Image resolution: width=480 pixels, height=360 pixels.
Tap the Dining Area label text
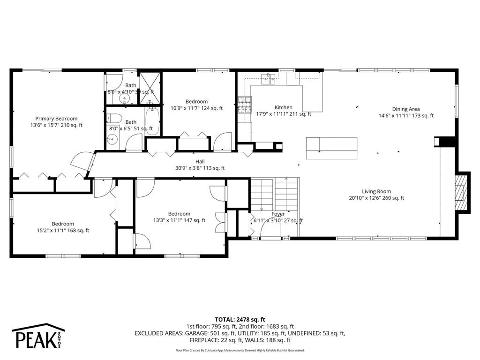click(x=406, y=109)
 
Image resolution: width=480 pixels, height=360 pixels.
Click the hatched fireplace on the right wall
click(x=463, y=192)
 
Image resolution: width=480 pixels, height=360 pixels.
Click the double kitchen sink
click(x=269, y=79)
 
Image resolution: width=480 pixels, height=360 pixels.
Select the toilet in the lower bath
click(x=115, y=118)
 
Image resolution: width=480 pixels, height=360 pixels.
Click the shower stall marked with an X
click(x=148, y=85)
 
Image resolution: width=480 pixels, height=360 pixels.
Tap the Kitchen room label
click(x=283, y=107)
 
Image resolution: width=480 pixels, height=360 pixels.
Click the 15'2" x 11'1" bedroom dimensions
click(x=63, y=230)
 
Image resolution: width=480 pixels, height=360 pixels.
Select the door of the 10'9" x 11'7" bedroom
click(x=222, y=142)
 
